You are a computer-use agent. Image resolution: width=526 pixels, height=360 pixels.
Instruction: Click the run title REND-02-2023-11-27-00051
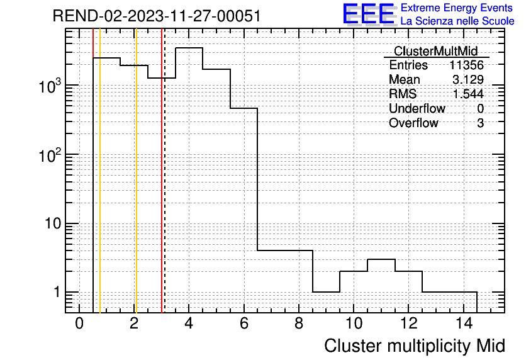tap(157, 16)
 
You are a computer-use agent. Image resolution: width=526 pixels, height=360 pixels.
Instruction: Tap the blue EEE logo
tap(369, 14)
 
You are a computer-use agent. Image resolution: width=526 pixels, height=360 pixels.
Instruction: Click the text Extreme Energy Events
tap(457, 8)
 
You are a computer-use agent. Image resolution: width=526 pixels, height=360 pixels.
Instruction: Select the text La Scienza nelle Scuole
tap(457, 21)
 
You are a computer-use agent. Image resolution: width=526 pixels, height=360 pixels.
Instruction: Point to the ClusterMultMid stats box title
tap(435, 51)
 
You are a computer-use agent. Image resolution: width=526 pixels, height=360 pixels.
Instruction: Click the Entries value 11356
tap(466, 65)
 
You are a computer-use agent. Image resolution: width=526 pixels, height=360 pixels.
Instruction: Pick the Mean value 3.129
tap(468, 79)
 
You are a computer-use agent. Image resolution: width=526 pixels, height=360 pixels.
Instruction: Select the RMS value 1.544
tap(468, 94)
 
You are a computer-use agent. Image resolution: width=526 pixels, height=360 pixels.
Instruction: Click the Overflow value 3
tap(480, 123)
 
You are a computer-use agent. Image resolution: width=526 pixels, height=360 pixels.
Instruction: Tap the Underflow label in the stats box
tap(417, 108)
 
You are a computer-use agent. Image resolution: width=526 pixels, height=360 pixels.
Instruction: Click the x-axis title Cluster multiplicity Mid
tap(414, 346)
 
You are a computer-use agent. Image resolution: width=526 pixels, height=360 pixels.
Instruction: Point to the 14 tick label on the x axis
tap(464, 323)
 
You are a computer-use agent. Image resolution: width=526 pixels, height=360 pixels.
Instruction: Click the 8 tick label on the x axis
tap(299, 323)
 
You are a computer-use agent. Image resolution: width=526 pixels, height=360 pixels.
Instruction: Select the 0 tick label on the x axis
tap(79, 323)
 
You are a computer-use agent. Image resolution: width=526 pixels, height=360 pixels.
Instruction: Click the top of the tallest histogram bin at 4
tap(189, 48)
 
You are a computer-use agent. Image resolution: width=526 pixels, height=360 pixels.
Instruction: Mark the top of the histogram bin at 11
tap(381, 259)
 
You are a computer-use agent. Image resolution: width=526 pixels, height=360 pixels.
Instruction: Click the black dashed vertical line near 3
tap(165, 171)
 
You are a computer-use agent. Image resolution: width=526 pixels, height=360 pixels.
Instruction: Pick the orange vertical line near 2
tap(136, 171)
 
